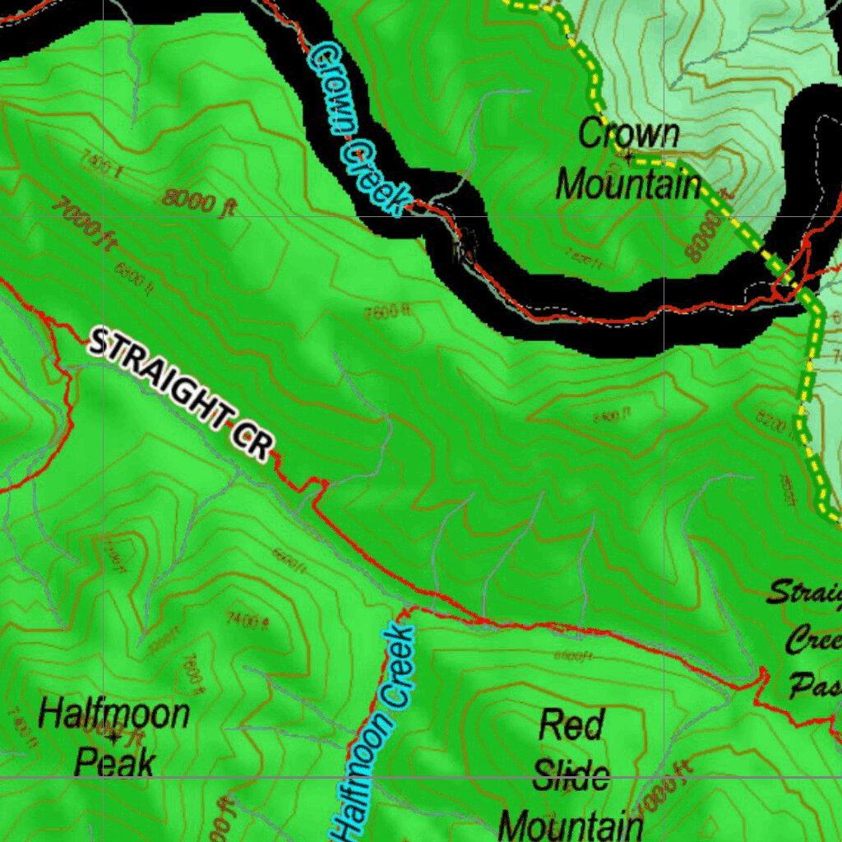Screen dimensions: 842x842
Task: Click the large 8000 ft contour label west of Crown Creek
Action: pos(198,201)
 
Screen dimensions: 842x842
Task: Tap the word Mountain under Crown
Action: pos(629,184)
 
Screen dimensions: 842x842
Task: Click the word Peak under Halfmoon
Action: pos(114,762)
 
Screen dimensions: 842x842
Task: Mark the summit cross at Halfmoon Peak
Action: pos(113,740)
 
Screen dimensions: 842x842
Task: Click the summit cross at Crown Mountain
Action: pos(629,155)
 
